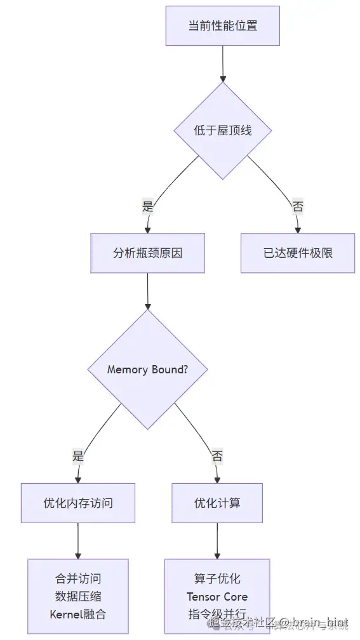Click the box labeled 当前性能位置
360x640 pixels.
point(222,26)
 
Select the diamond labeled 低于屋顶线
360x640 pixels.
point(222,130)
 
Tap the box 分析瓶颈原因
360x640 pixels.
point(147,253)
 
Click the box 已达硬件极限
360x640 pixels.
point(297,253)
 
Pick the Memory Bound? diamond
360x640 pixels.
point(147,370)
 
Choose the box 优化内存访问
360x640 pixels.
point(77,503)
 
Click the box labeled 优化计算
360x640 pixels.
point(217,503)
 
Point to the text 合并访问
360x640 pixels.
point(77,578)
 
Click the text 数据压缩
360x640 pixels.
point(77,596)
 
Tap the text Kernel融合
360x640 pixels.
point(77,614)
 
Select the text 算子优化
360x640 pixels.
point(217,578)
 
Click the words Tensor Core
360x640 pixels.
point(217,596)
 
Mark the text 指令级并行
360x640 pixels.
point(217,614)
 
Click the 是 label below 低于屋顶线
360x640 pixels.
point(148,206)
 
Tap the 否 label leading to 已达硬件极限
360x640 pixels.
point(297,206)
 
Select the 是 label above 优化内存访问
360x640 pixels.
point(78,456)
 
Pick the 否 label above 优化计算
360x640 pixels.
point(217,456)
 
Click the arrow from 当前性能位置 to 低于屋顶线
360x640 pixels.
point(222,63)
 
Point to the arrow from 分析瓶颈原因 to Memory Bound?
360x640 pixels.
point(147,291)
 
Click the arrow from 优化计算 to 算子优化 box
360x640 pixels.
point(217,540)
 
